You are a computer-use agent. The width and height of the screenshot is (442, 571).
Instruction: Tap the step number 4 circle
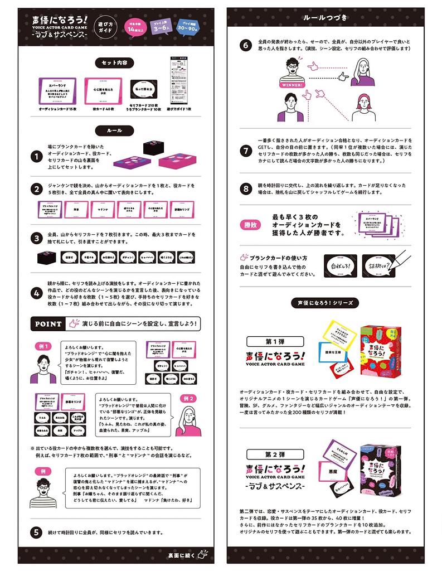point(36,293)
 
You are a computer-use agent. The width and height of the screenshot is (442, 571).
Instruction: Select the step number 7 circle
point(246,151)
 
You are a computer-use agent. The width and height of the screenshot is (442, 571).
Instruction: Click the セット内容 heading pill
point(114,63)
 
